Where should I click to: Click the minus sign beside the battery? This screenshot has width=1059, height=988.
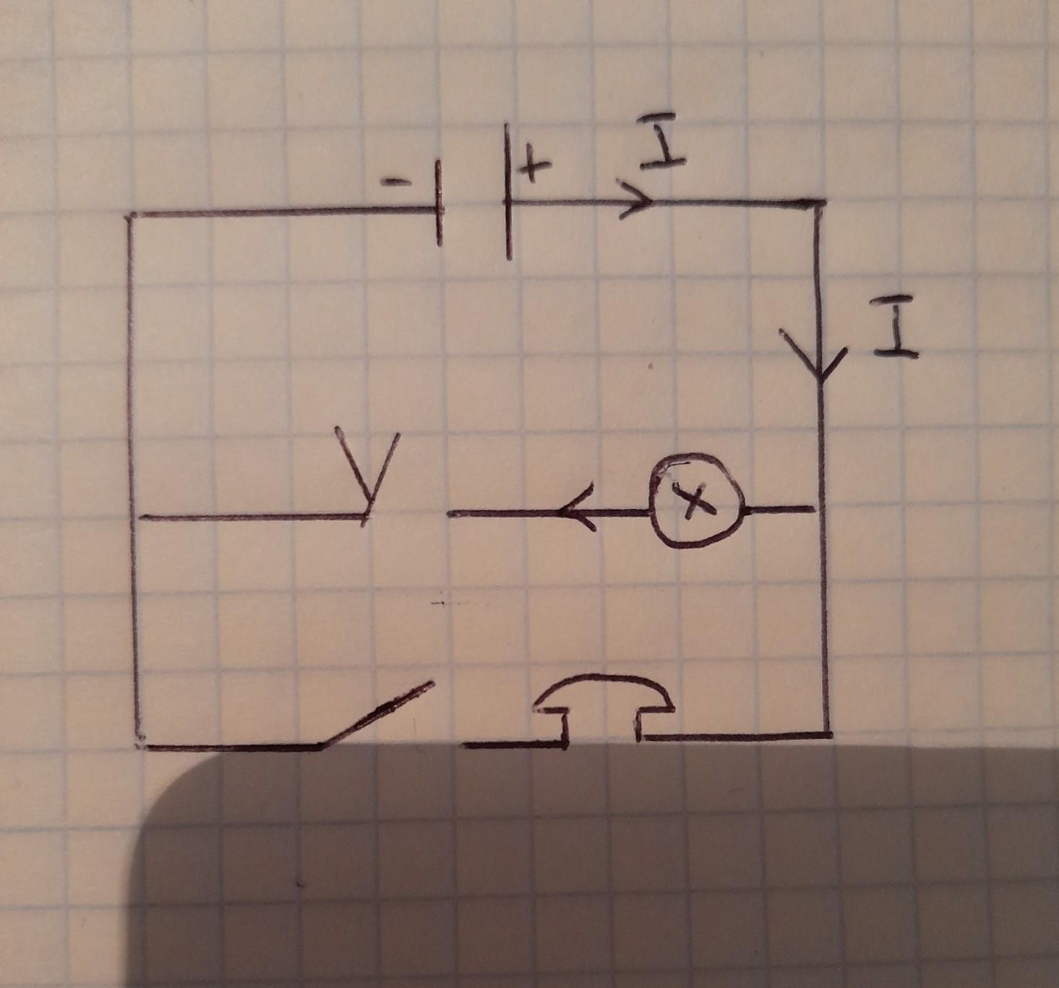[x=395, y=182]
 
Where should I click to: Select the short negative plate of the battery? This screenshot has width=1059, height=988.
[x=439, y=204]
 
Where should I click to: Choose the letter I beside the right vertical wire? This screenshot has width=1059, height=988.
[x=895, y=330]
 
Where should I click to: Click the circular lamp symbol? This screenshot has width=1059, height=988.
[x=695, y=500]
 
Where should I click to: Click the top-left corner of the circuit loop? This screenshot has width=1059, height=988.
[x=130, y=216]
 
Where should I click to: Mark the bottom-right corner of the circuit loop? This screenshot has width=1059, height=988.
[x=827, y=734]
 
